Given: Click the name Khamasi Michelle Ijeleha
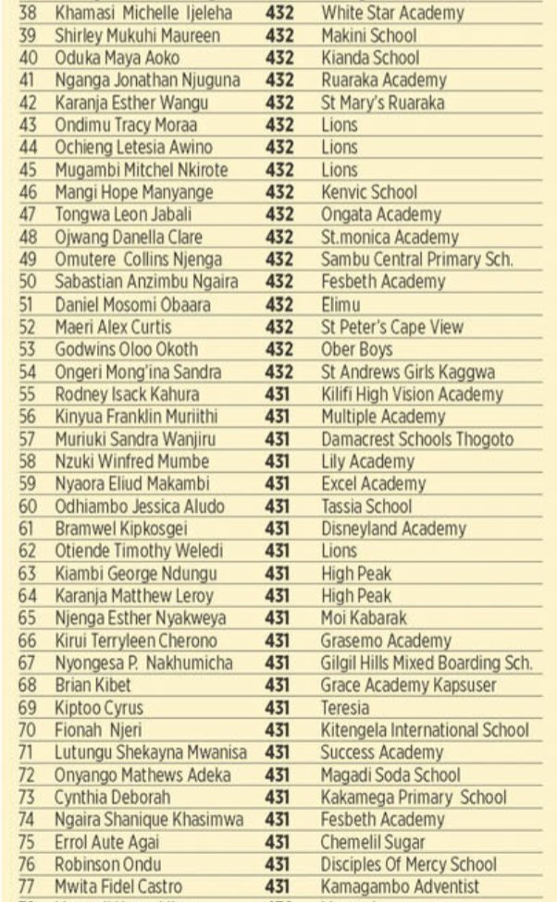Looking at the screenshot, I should coord(143,14).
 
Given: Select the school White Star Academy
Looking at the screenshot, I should coord(392,14).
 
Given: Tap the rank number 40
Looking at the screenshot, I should coord(26,58).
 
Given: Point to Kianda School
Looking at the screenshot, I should coord(369,58).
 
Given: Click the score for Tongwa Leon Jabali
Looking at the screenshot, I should coord(279,215).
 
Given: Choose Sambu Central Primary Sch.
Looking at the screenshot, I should coord(416,260).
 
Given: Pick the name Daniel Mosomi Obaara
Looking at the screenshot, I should coord(132,305).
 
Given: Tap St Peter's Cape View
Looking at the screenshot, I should coord(392,327).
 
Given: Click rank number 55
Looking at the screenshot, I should coord(27,395).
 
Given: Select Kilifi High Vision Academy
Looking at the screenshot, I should coord(413,395).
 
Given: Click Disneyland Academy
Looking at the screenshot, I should coord(393,529).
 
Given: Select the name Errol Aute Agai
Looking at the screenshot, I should coord(107,842).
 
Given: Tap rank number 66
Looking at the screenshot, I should coord(27,640).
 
